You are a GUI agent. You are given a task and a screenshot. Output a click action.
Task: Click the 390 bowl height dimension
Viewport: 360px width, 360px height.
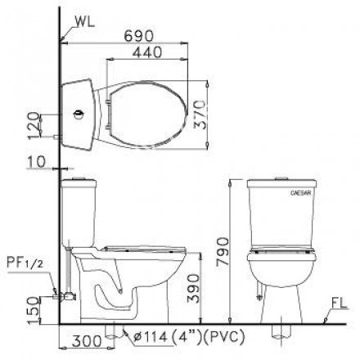pos(190,289)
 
